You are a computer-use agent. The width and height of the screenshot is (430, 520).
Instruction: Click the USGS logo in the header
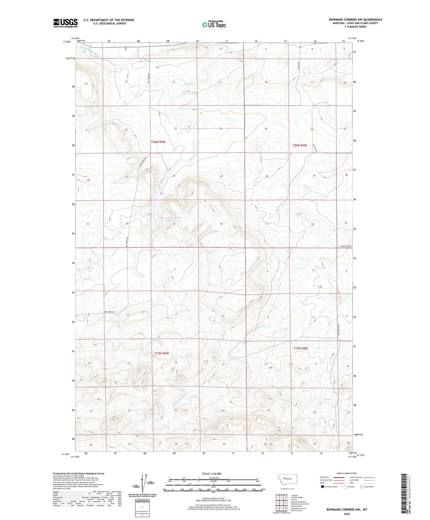[x=65, y=23]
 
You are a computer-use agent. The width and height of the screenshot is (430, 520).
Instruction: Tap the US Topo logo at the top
[x=214, y=24]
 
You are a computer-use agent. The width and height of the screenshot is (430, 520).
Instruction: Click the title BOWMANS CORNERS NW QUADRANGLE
[x=355, y=20]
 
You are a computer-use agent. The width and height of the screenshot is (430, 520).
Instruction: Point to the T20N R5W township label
[x=158, y=142]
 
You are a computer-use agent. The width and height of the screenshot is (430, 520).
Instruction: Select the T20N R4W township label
[x=300, y=145]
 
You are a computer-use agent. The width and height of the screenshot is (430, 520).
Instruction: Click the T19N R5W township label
[x=162, y=353]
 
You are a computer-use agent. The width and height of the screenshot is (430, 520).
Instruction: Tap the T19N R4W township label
[x=301, y=348]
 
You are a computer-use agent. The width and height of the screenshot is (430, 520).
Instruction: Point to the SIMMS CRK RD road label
[x=346, y=246]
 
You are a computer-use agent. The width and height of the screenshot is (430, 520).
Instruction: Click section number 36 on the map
[x=222, y=224]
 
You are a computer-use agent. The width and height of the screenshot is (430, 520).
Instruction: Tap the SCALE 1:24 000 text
[x=212, y=474]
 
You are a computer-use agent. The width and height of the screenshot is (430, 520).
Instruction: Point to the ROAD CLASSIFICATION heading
[x=347, y=473]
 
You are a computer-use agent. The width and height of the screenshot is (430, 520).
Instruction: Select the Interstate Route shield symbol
[x=323, y=487]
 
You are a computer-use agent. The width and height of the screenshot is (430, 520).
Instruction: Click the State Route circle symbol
[x=362, y=487]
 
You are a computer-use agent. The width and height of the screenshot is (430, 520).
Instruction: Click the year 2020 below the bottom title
[x=347, y=514]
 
